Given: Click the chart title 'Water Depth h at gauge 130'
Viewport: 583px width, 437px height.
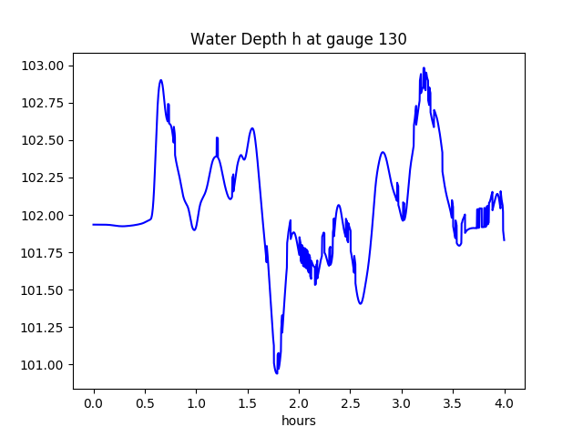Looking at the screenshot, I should pyautogui.click(x=298, y=39).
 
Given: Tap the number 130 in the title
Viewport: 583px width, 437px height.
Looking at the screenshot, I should pyautogui.click(x=394, y=39).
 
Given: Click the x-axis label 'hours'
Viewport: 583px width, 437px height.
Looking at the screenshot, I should pyautogui.click(x=299, y=421).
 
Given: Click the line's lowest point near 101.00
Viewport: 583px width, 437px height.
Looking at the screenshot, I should pyautogui.click(x=276, y=372).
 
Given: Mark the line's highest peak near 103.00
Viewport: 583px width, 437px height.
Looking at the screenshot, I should pyautogui.click(x=424, y=68).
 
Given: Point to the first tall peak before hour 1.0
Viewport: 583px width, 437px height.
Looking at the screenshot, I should pyautogui.click(x=161, y=80).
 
